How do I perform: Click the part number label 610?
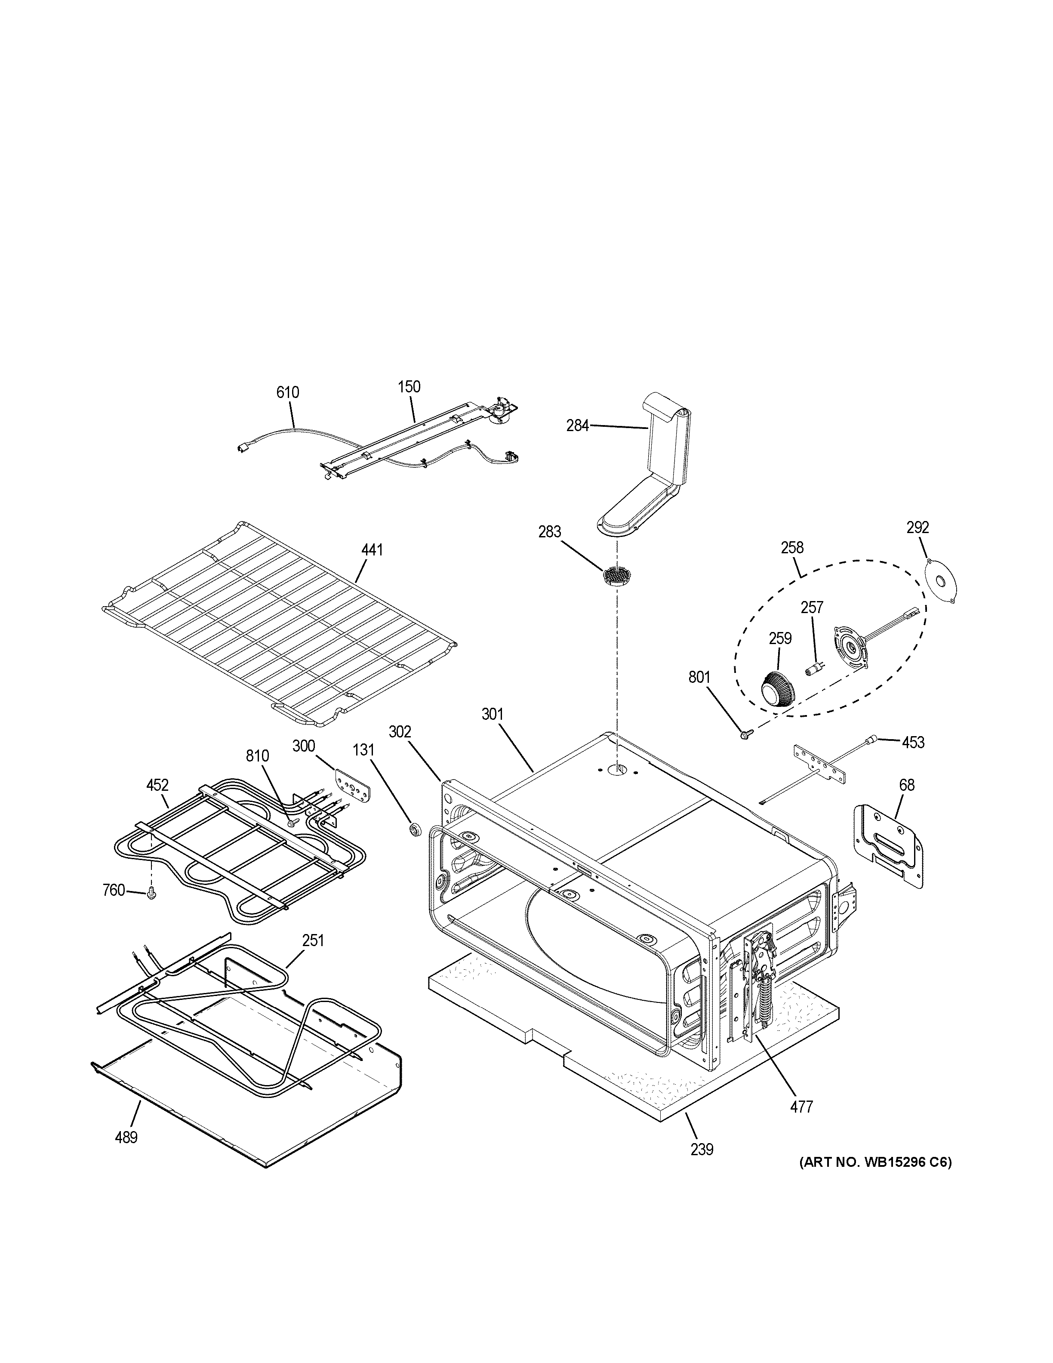click(288, 392)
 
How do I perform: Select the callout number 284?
click(577, 426)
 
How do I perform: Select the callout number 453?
click(913, 742)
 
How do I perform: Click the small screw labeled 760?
click(151, 894)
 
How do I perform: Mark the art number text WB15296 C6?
click(875, 1163)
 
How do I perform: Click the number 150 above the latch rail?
click(409, 386)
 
